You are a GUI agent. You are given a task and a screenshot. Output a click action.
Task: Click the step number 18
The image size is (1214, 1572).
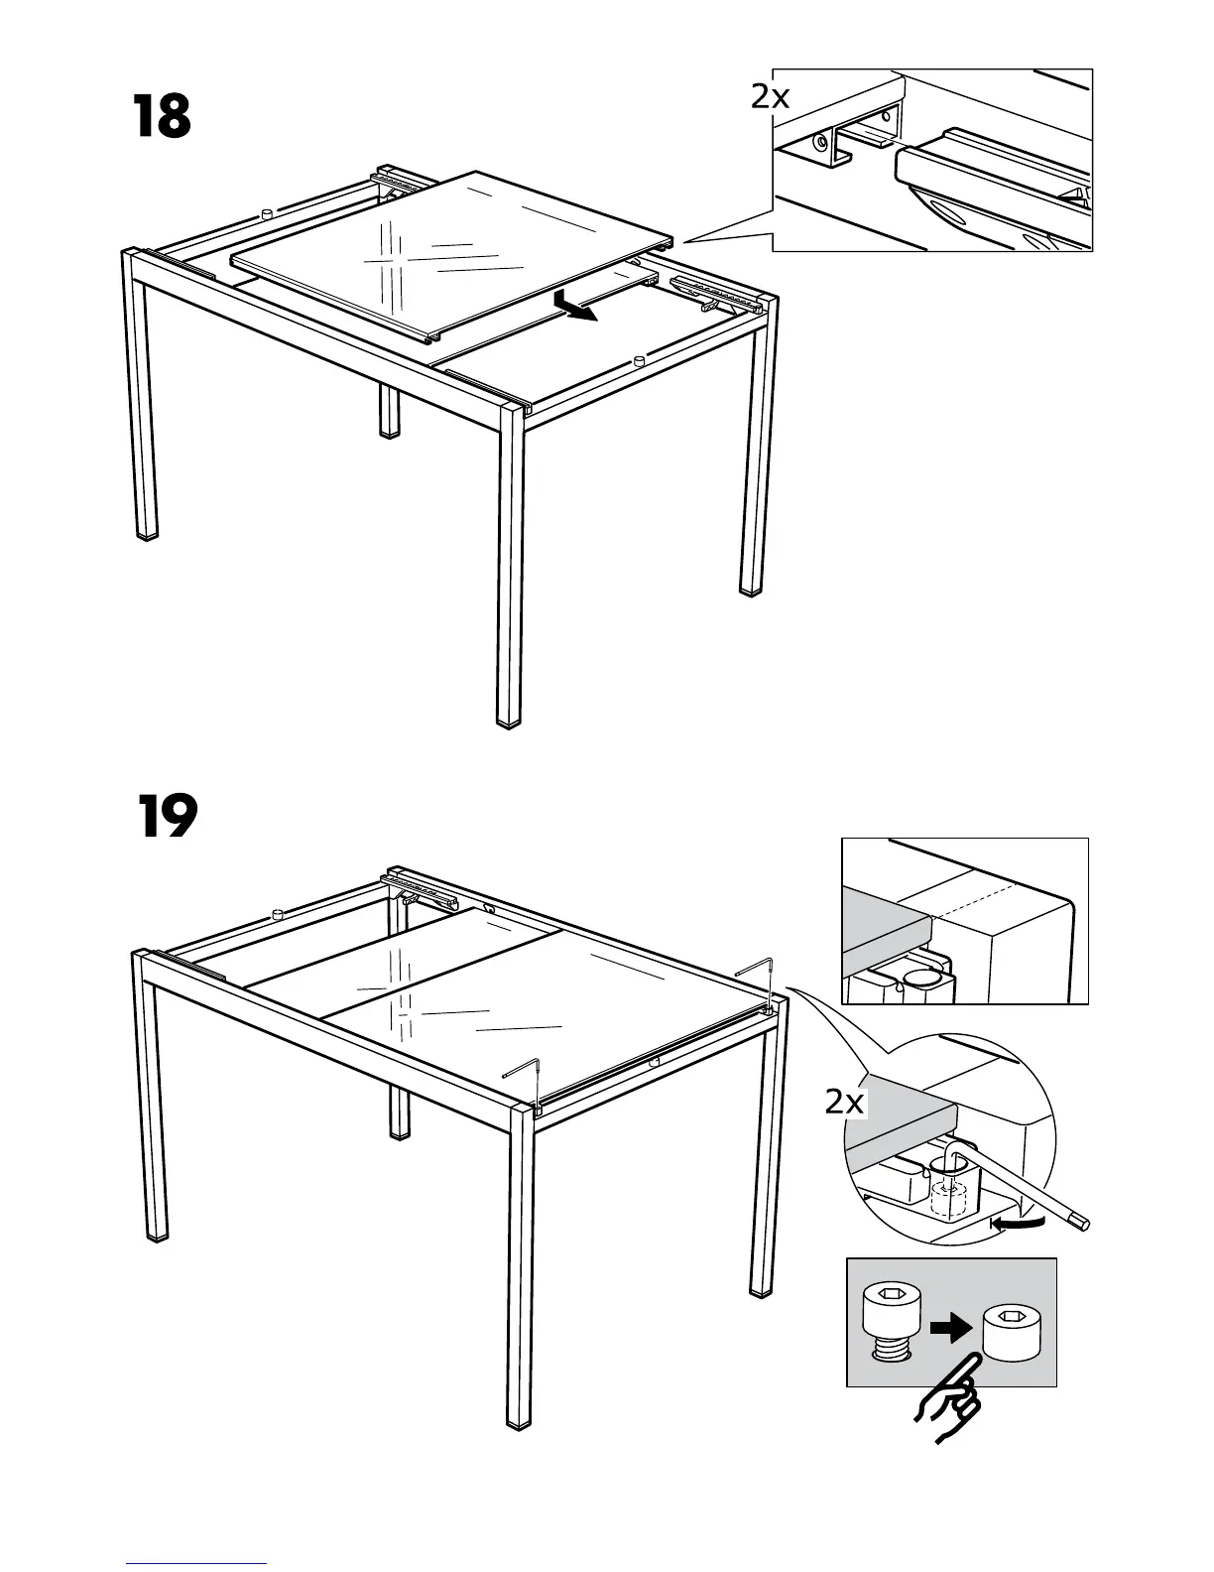tap(161, 118)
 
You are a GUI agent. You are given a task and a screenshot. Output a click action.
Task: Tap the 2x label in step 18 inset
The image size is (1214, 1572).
tap(770, 96)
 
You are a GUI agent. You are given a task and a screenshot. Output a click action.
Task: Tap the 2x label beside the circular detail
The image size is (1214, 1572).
tap(844, 1102)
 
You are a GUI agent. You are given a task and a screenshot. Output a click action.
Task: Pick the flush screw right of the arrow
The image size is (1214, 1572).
tap(1011, 1331)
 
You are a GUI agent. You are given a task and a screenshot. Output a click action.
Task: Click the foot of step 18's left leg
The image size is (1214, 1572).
tap(147, 535)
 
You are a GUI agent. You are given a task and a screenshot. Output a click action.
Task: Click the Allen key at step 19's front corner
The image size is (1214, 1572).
tap(526, 1077)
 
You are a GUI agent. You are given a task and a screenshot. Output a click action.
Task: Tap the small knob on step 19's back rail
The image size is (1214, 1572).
tap(279, 911)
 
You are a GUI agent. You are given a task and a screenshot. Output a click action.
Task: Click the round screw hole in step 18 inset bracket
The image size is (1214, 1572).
tap(821, 142)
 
